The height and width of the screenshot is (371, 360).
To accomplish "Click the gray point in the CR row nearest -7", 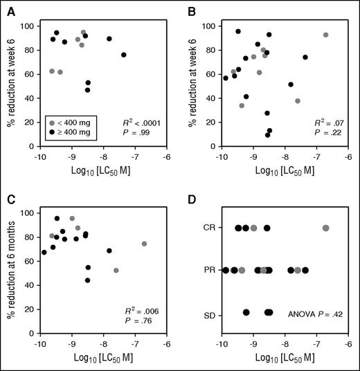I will [x=326, y=228].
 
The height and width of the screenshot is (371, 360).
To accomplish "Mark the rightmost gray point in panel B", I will [x=326, y=35].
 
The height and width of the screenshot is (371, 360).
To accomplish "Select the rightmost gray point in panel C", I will [x=144, y=244].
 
